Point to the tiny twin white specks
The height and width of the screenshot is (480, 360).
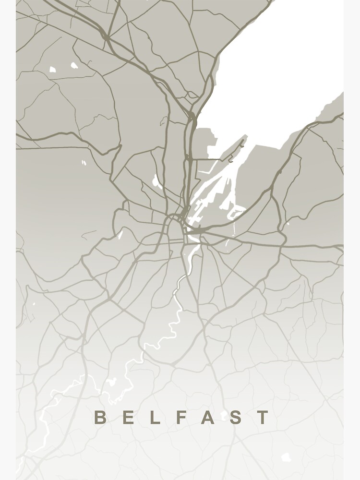pyautogui.click(x=84, y=163)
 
